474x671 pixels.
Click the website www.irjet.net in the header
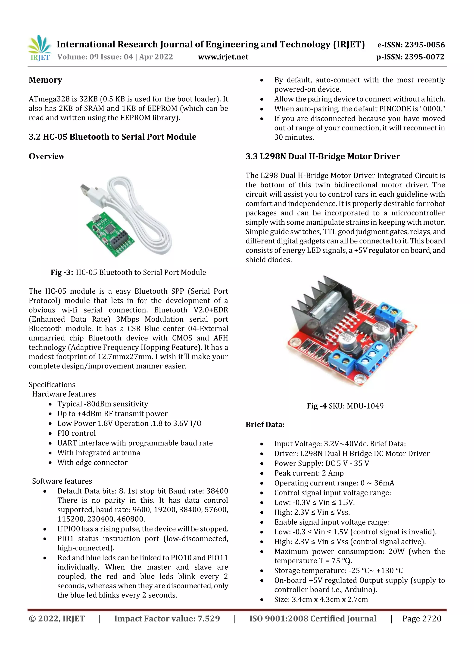tap(223, 57)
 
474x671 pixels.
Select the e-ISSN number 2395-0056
tap(424, 45)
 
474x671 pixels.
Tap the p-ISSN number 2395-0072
tap(424, 57)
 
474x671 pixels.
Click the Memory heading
tap(45, 80)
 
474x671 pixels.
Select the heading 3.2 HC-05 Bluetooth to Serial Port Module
tap(112, 137)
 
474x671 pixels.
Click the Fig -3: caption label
tap(62, 272)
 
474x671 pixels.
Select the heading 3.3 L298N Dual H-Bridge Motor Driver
tap(322, 156)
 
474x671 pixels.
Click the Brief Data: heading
tap(265, 424)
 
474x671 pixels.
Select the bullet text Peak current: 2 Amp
tap(309, 473)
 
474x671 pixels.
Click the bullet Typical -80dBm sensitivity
tap(103, 404)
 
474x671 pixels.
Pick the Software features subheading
tap(62, 481)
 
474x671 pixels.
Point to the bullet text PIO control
tap(77, 433)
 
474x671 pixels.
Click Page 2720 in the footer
tap(421, 619)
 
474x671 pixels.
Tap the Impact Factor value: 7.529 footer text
tap(167, 619)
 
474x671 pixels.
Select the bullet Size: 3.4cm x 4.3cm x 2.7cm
tap(321, 599)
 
